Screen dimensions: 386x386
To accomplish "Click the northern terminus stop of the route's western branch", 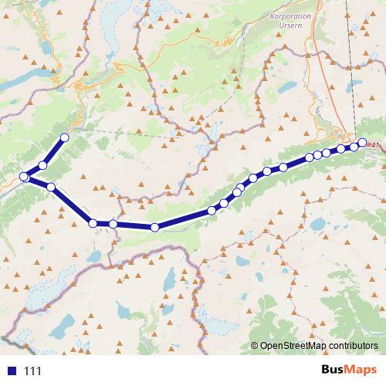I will pos(64,137).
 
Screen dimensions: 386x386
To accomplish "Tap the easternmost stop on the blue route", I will pos(362,142).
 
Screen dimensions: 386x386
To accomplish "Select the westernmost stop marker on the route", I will pos(24,177).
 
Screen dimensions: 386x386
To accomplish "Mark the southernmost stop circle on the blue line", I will pos(155,227).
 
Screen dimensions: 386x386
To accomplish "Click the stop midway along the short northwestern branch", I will pos(43,164).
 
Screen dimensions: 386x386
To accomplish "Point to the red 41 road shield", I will pos(375,145).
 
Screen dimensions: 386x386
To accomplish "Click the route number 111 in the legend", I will pos(32,371).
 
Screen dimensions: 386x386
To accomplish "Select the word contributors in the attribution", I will pos(354,347).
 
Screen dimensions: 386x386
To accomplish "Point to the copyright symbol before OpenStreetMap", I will pos(254,347).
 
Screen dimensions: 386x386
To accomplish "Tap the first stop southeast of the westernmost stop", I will pos(51,187).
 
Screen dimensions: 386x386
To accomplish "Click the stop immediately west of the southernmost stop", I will pos(113,224).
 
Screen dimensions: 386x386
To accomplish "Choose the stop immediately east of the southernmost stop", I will pos(212,210).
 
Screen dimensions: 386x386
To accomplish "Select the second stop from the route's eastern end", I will pos(354,146).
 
